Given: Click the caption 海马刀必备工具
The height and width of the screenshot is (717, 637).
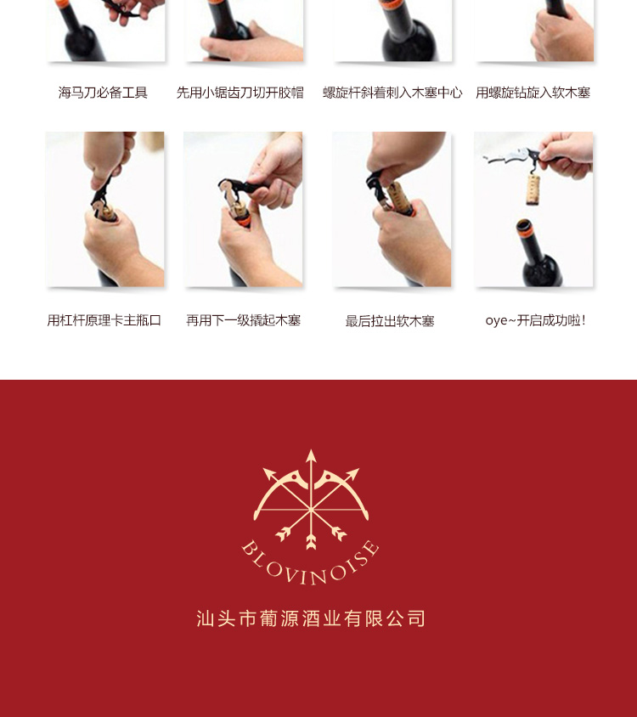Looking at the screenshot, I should click(103, 93).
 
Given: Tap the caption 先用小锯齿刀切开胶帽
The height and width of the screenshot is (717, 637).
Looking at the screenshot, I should click(240, 93).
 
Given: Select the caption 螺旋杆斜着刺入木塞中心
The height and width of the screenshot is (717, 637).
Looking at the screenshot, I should click(392, 93).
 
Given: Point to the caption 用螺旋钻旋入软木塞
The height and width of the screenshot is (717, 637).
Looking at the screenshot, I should click(533, 93).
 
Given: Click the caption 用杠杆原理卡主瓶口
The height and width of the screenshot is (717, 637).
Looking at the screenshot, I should click(104, 320).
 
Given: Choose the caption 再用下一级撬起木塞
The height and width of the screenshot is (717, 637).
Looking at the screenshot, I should click(244, 320).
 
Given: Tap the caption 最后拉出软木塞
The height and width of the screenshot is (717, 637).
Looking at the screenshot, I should click(390, 321).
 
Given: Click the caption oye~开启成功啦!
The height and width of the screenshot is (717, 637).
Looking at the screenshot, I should click(535, 320).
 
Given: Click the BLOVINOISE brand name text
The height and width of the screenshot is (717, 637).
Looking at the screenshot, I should click(311, 563).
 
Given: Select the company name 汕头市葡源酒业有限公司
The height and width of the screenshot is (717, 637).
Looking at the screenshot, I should click(311, 618).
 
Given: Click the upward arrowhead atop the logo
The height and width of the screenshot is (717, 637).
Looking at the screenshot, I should click(311, 457).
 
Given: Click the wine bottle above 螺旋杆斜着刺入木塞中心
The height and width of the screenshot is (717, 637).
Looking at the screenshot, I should click(405, 34).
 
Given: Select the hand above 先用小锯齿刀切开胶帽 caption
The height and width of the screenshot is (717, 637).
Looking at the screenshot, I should click(255, 42).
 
